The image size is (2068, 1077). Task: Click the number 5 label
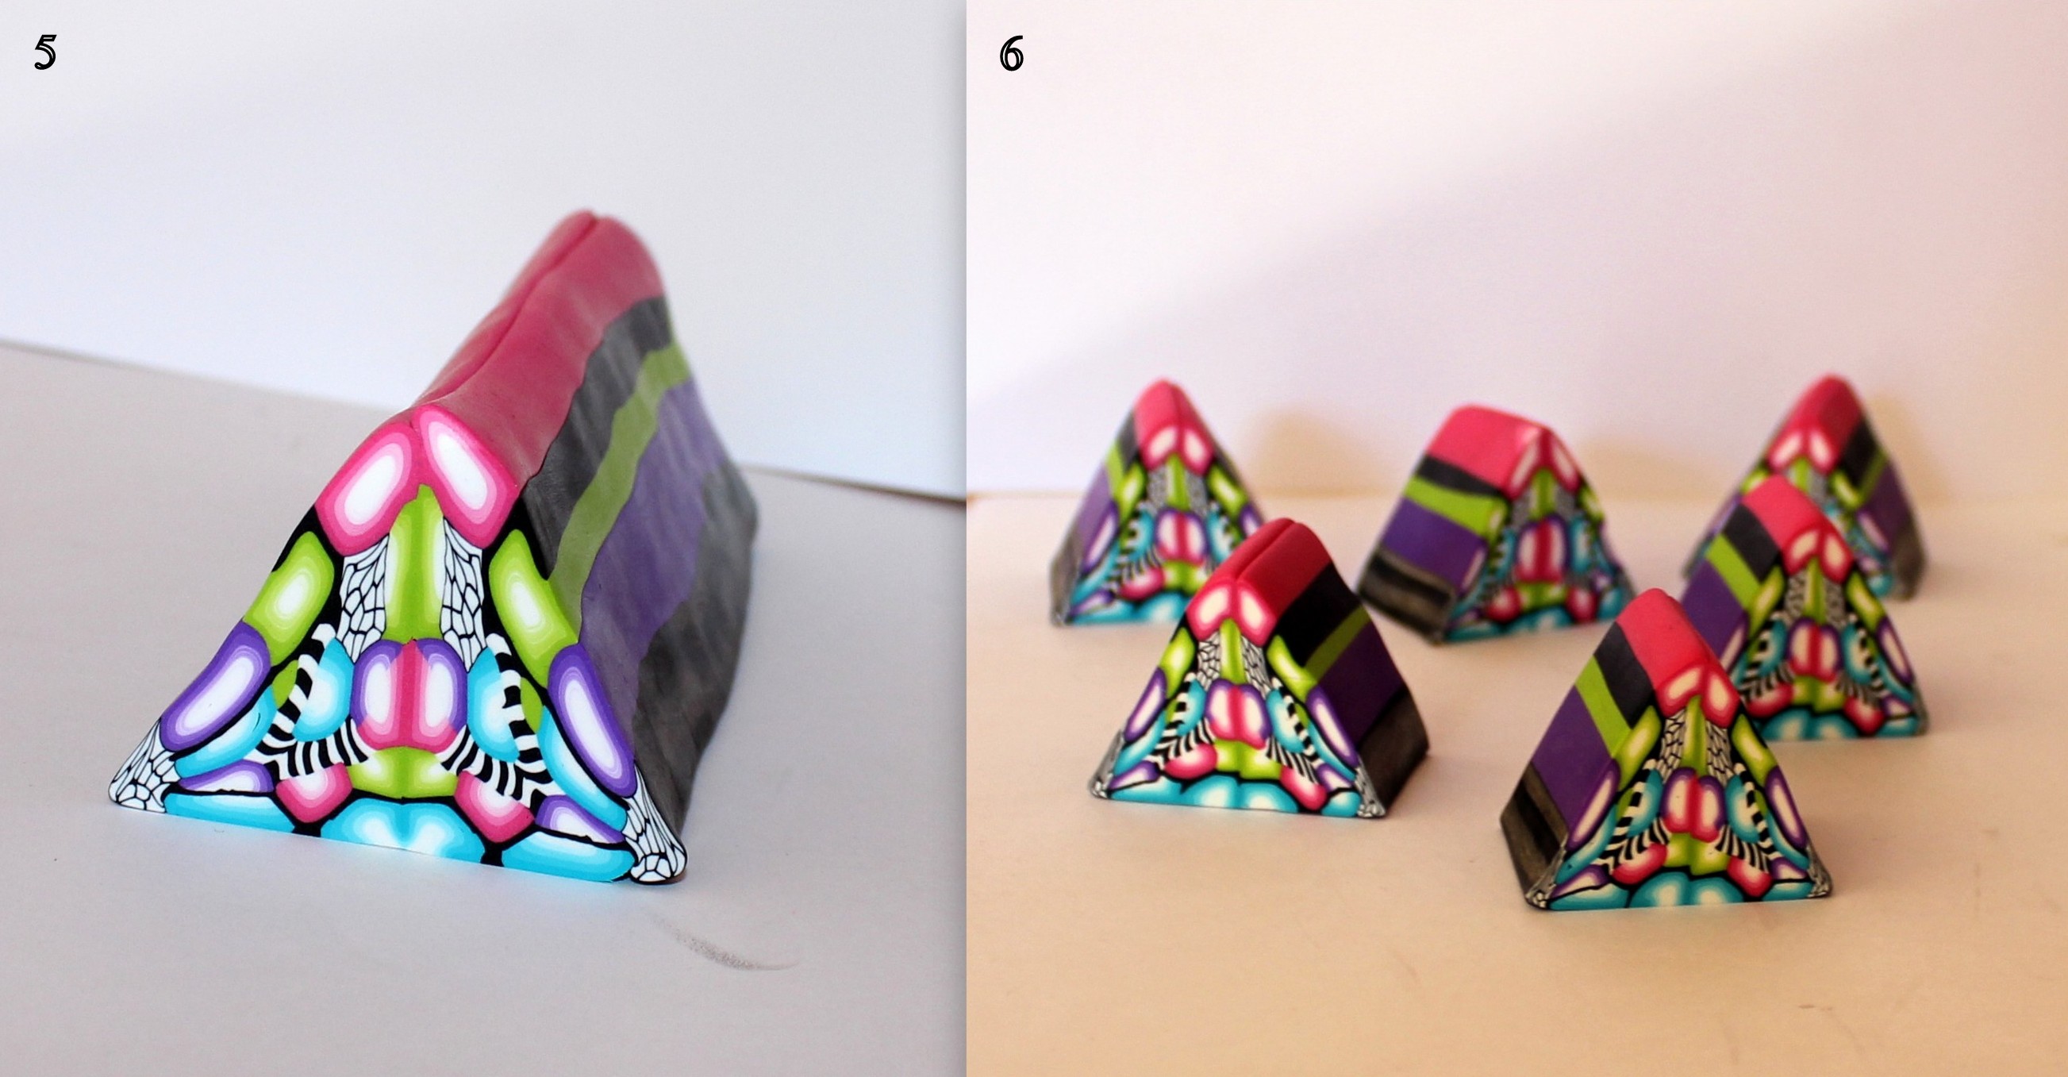pyautogui.click(x=45, y=55)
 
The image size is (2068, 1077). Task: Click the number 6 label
pyautogui.click(x=1011, y=55)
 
